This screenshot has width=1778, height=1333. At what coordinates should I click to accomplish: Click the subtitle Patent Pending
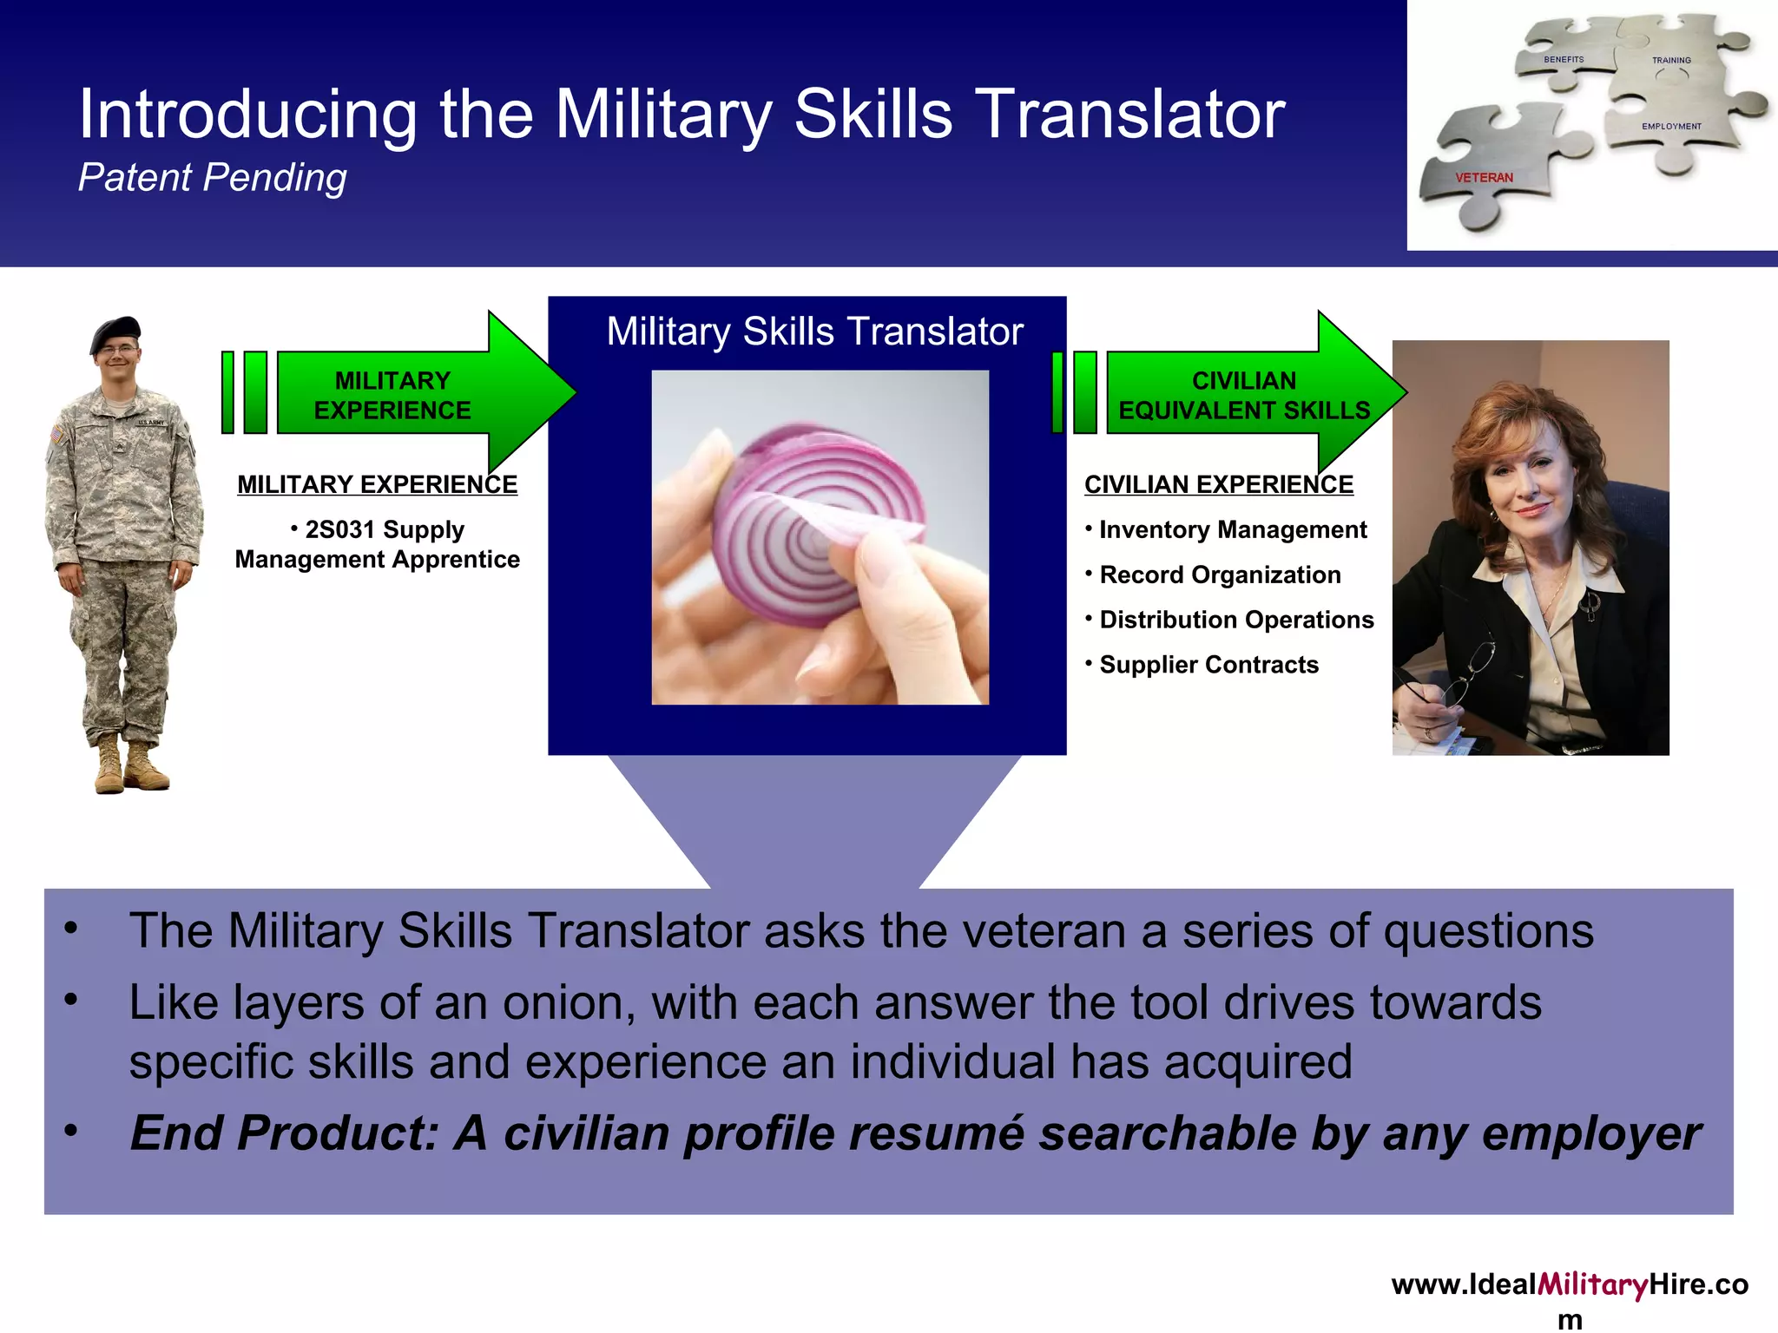[x=212, y=178]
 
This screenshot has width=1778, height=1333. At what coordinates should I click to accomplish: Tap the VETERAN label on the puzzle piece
[x=1484, y=178]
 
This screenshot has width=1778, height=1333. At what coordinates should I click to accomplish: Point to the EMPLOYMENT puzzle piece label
[x=1671, y=127]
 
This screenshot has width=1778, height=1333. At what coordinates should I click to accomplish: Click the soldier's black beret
[x=115, y=332]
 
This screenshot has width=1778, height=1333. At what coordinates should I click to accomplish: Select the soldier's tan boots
[x=130, y=765]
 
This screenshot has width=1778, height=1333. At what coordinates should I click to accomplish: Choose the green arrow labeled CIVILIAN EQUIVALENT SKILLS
[x=1241, y=395]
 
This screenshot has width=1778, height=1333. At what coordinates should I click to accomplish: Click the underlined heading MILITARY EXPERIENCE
[x=377, y=484]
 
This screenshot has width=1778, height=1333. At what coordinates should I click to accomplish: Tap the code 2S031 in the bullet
[x=339, y=529]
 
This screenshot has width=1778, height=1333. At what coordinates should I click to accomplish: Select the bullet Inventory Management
[x=1232, y=529]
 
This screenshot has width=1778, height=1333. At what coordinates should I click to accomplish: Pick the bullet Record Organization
[x=1219, y=575]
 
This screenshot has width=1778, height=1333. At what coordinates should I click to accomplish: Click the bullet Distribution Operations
[x=1235, y=620]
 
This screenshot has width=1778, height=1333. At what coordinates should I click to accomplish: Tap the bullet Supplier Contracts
[x=1208, y=665]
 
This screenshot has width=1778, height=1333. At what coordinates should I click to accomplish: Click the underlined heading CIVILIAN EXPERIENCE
[x=1218, y=484]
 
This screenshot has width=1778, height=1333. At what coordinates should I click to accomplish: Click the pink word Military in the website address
[x=1592, y=1285]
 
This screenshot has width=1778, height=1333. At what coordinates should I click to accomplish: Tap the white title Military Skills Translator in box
[x=814, y=332]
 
